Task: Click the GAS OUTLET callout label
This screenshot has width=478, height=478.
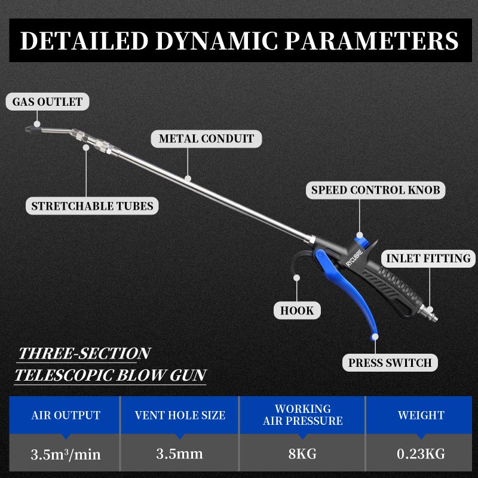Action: (x=48, y=102)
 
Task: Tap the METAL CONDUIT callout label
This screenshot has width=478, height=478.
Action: (x=206, y=139)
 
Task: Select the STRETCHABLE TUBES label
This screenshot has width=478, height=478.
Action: (x=92, y=206)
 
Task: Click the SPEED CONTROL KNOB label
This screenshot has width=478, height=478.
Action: (x=376, y=190)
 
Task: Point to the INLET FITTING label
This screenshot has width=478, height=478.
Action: (x=428, y=259)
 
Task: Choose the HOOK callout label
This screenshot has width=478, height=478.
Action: (x=297, y=311)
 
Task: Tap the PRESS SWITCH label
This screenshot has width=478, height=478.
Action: (x=390, y=363)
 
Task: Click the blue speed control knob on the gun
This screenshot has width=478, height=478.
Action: (x=362, y=243)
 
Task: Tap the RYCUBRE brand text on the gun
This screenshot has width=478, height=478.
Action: (x=354, y=258)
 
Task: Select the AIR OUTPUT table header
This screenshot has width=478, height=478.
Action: (x=66, y=415)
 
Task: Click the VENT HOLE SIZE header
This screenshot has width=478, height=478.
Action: (x=180, y=415)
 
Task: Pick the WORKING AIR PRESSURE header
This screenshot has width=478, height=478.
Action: (x=303, y=415)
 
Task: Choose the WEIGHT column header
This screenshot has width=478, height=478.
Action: (x=421, y=415)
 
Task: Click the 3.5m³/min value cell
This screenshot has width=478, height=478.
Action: (x=66, y=454)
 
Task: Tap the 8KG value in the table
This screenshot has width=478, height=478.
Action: (x=302, y=454)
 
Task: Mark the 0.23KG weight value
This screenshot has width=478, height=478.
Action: (x=421, y=454)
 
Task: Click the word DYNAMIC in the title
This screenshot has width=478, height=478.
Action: (x=217, y=41)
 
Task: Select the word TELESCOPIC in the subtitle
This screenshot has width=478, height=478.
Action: (x=63, y=375)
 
